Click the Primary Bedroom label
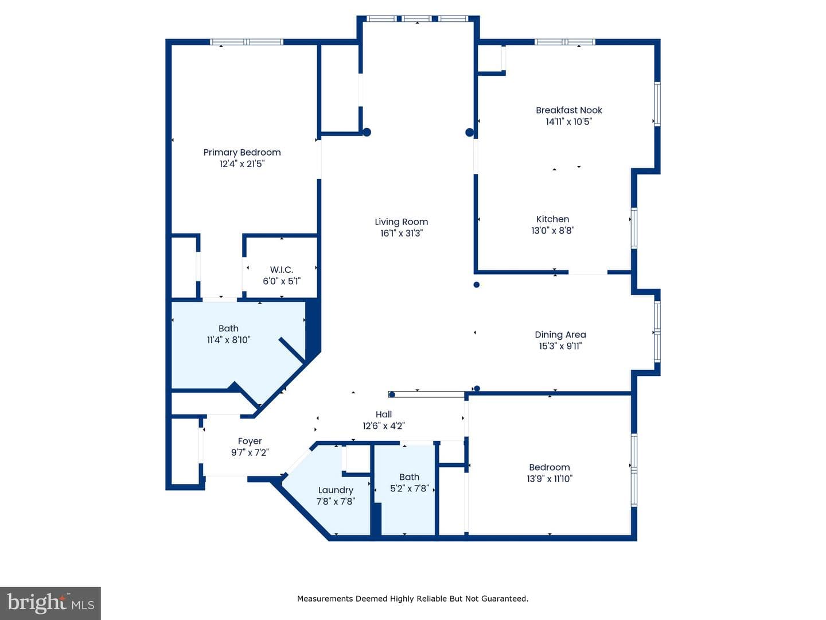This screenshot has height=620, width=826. (242, 153)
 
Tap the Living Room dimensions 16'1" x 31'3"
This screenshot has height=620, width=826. (401, 234)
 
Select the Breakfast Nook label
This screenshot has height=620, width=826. (568, 110)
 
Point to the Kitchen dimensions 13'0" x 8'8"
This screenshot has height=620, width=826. (552, 230)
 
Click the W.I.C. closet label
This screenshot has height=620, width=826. (281, 270)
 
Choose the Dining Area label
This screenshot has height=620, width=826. (560, 335)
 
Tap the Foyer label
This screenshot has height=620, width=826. (250, 441)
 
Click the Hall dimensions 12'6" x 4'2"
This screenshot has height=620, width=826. (384, 426)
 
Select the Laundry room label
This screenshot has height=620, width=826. (336, 490)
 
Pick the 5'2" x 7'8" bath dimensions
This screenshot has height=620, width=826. (409, 488)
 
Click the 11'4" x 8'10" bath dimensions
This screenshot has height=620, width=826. (228, 340)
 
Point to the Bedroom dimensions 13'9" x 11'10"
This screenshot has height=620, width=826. (550, 478)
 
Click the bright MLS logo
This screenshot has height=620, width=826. (50, 603)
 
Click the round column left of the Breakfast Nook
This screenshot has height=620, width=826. (469, 132)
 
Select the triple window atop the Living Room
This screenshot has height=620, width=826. (418, 19)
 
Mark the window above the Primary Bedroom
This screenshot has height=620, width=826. (246, 42)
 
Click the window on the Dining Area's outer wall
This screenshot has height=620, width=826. (657, 331)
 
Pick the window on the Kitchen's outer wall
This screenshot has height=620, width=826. (634, 228)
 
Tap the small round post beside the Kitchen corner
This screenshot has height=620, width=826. (477, 285)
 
